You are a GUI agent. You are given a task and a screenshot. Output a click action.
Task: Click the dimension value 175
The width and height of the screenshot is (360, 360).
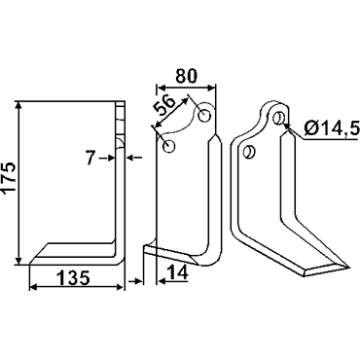point(10,178)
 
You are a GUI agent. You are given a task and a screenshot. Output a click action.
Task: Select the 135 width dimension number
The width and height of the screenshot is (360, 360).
point(73,278)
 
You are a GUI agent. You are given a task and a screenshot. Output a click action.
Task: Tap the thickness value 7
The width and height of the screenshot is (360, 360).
point(91,159)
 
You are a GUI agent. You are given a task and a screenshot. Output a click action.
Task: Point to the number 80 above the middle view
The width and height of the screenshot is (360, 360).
point(187,76)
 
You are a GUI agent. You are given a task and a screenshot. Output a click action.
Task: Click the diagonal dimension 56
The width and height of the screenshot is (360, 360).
point(164,106)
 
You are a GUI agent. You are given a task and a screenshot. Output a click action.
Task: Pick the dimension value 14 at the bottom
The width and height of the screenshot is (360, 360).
point(178,272)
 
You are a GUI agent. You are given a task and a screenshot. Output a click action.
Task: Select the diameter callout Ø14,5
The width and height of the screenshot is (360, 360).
point(332,128)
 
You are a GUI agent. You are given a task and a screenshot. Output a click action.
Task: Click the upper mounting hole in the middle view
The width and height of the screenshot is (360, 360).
point(204,116)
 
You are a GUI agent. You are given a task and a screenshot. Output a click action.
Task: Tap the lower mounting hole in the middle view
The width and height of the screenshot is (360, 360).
point(168,146)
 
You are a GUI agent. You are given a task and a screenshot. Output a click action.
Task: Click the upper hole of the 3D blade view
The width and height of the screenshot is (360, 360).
point(278,119)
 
